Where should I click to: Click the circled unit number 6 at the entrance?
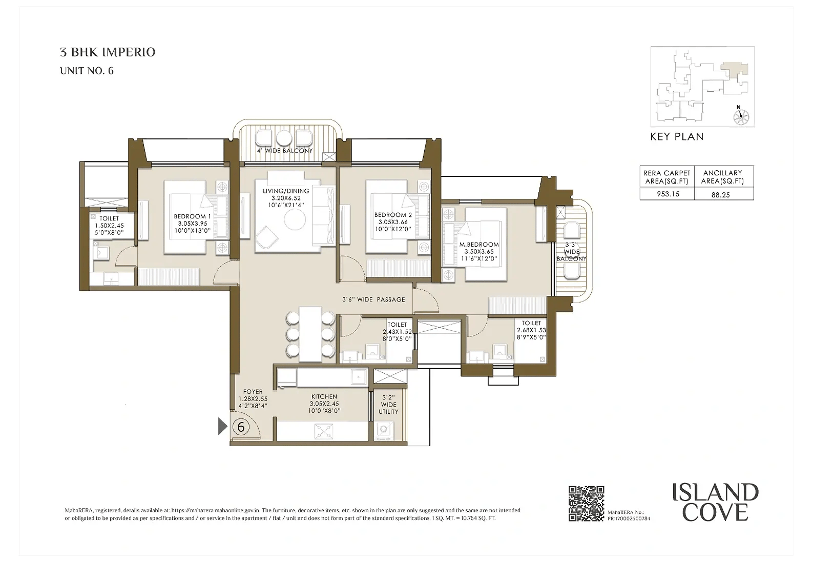[x=240, y=427]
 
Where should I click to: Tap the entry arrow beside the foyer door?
[x=223, y=427]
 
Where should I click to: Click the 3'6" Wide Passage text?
[x=373, y=299]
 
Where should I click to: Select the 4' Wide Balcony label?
[x=285, y=151]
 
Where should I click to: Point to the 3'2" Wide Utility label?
[x=388, y=405]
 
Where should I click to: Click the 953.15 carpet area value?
[x=668, y=194]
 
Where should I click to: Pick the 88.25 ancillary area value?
[x=721, y=195]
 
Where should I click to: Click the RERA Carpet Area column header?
[x=667, y=177]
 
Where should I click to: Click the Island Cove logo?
[x=715, y=502]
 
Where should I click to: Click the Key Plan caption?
[x=677, y=137]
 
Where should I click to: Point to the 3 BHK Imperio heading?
[x=108, y=52]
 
